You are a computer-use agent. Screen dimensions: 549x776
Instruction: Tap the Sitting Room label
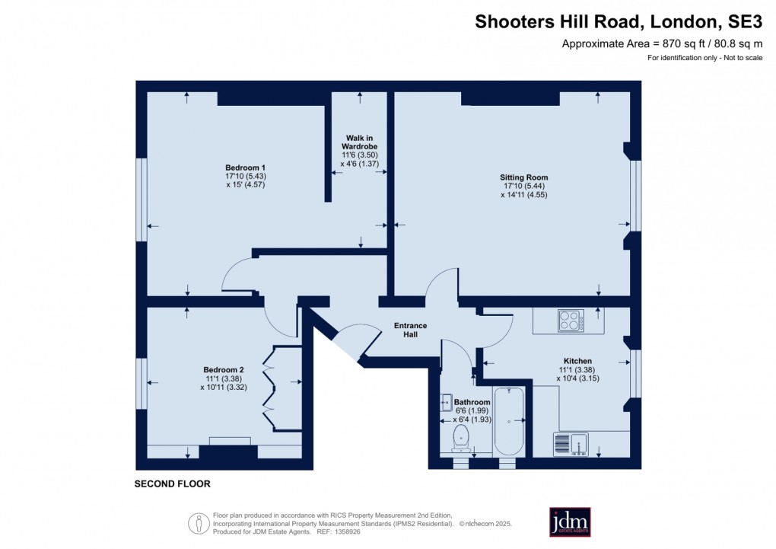click(524, 177)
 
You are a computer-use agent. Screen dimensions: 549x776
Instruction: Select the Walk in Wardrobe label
click(360, 142)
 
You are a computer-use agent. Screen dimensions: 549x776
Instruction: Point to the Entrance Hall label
click(410, 330)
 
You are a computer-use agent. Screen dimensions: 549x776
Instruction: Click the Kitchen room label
click(577, 361)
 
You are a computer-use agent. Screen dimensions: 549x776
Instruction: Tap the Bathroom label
click(472, 402)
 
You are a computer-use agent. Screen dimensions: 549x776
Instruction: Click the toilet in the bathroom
click(460, 438)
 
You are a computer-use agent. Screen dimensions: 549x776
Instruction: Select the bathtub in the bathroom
click(508, 420)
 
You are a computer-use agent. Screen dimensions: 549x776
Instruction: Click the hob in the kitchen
click(571, 320)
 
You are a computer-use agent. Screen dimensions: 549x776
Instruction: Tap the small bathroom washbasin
click(444, 403)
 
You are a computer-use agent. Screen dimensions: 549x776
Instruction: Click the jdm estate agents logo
click(570, 522)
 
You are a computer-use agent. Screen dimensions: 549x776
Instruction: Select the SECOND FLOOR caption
click(172, 484)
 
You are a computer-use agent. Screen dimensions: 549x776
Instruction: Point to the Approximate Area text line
click(662, 43)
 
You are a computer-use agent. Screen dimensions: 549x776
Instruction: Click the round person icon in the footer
click(199, 523)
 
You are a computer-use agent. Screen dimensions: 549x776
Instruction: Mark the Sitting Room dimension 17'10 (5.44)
click(524, 186)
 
